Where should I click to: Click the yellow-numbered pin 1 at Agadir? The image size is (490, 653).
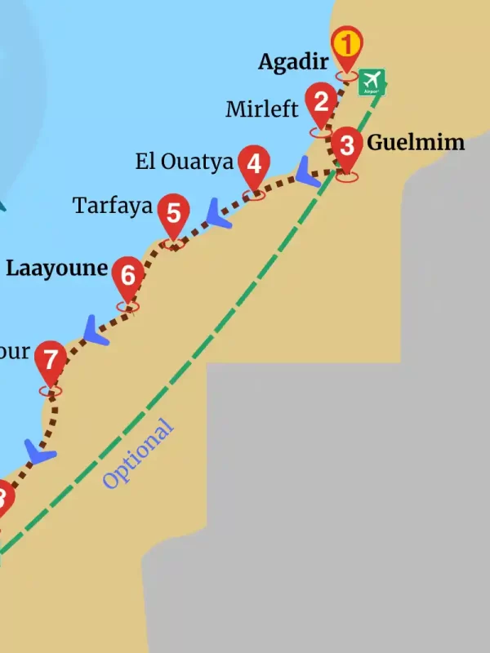coord(347,45)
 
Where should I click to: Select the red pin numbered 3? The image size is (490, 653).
coord(347,148)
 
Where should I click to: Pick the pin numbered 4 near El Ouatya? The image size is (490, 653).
coord(254,166)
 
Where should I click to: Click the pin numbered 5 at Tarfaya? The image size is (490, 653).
coord(173,214)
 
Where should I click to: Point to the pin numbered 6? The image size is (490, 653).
coord(127,276)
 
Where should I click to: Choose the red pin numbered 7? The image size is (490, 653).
coord(51,361)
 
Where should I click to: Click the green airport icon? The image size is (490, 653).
coord(372,82)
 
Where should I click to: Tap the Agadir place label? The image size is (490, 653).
coord(293,61)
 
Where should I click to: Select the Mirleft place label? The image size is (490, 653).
coord(262,109)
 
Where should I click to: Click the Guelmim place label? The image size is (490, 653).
coord(416,143)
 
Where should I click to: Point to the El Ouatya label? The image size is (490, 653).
coord(185,162)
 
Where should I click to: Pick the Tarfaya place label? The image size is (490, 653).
coord(113,206)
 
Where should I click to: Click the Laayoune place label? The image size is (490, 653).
coord(56,268)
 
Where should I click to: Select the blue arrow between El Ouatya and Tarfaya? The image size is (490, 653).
coord(218,214)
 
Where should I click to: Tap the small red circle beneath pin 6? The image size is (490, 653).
coord(128,307)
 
